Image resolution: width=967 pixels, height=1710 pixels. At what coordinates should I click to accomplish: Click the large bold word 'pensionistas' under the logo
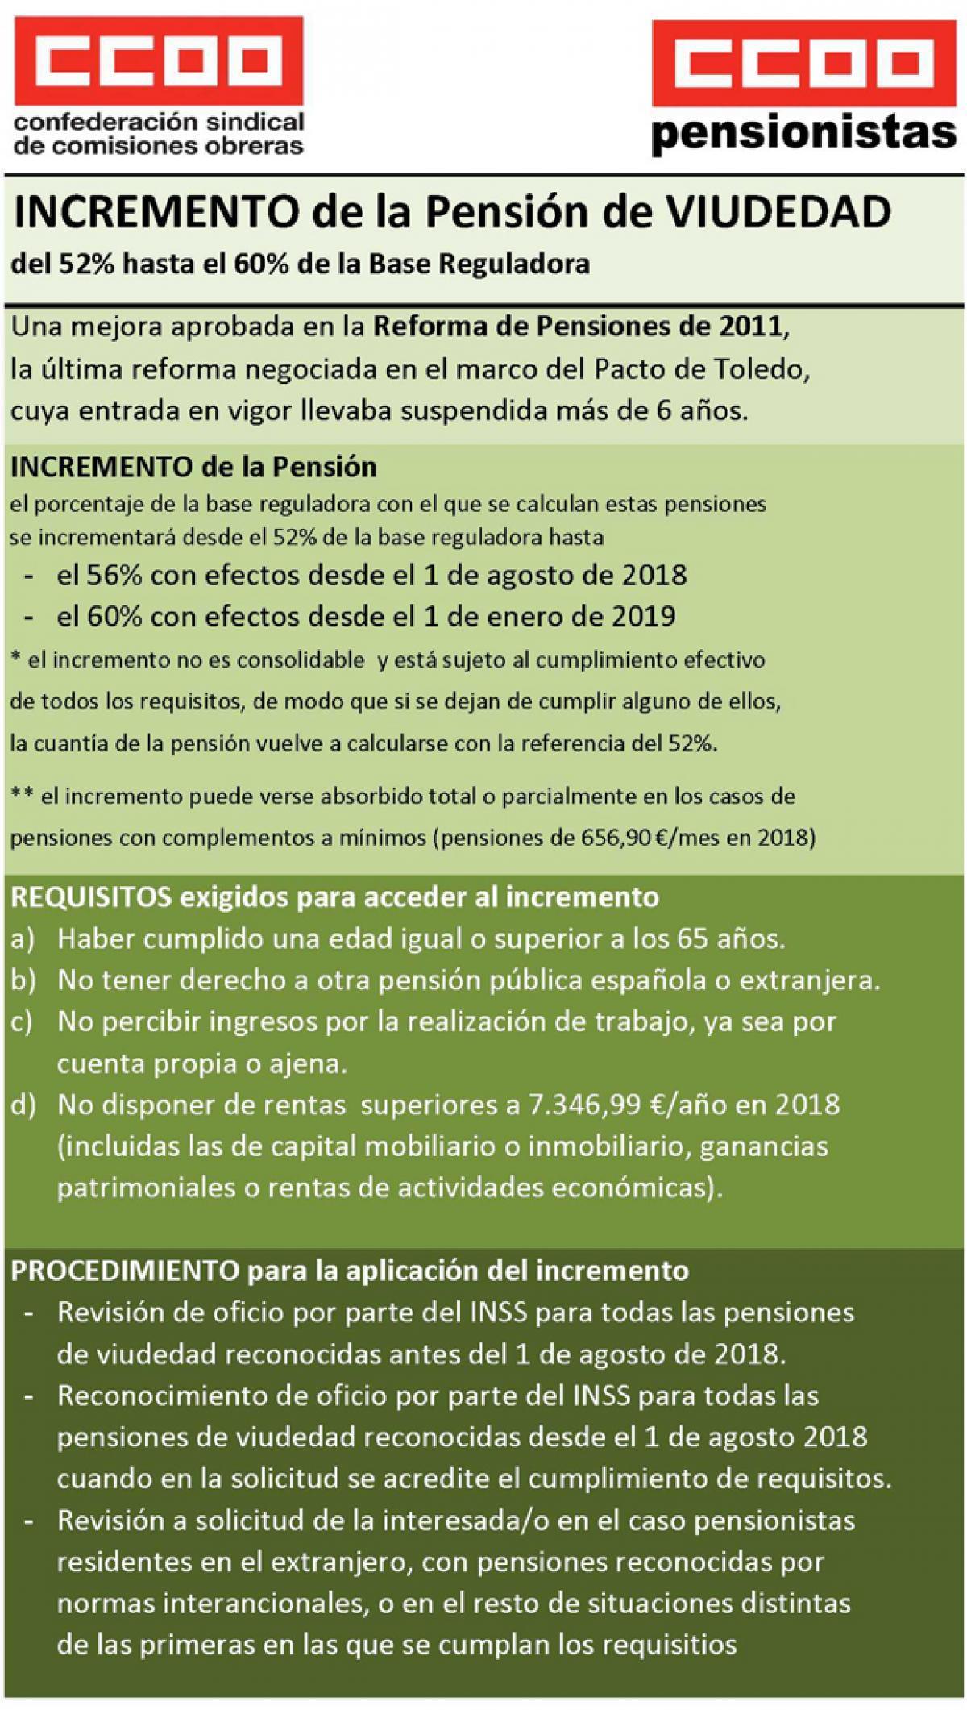[803, 133]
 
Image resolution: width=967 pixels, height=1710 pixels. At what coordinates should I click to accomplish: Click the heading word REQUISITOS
[91, 897]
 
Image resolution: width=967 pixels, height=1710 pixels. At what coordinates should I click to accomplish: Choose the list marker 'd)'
[23, 1105]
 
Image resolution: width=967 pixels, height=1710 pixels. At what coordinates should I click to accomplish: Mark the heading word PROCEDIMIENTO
[125, 1271]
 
